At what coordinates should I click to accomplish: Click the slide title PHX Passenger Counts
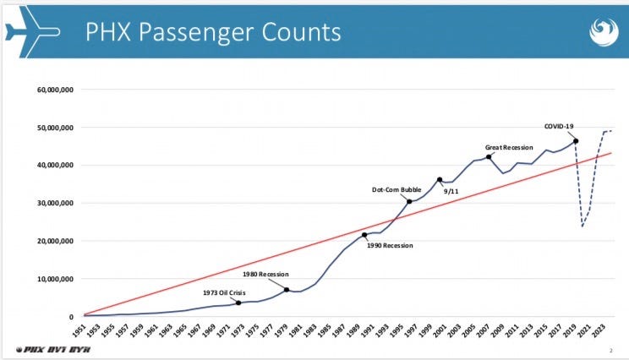point(212,31)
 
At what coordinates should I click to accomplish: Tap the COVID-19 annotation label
point(560,127)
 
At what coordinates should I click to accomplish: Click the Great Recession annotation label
point(509,147)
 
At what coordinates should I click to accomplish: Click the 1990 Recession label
point(390,245)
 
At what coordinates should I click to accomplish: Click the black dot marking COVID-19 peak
point(576,141)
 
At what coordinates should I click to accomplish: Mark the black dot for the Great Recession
point(489,157)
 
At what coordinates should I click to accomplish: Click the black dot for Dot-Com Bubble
point(409,201)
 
